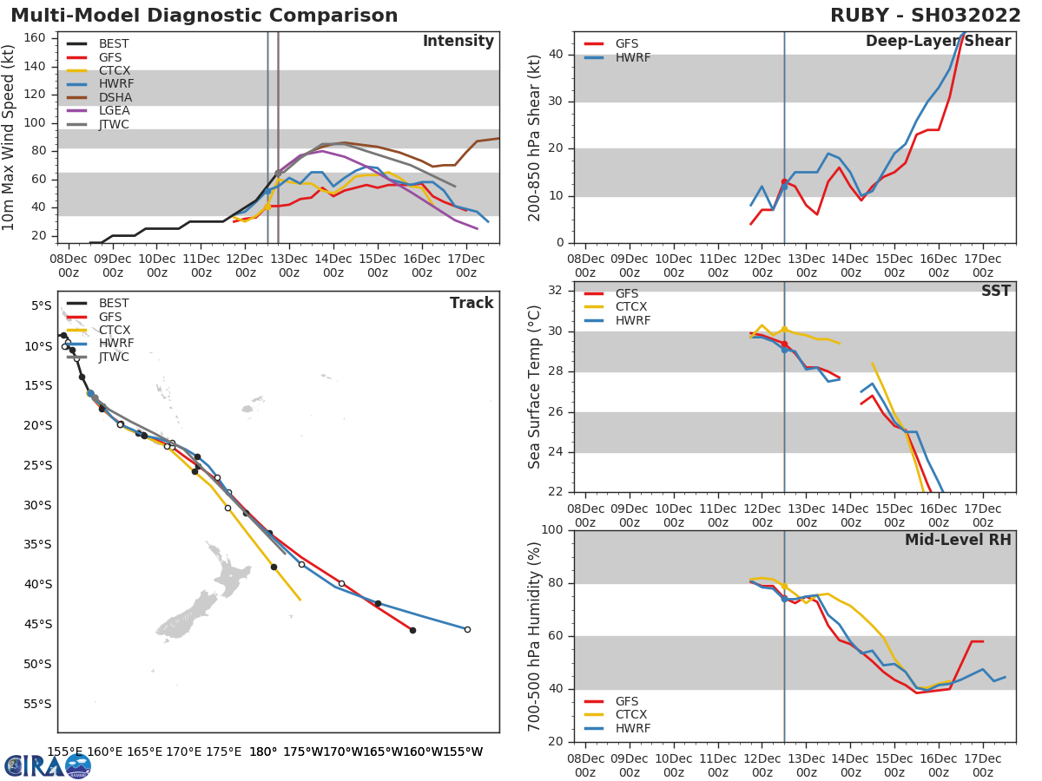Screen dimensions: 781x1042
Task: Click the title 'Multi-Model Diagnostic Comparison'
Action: pyautogui.click(x=204, y=16)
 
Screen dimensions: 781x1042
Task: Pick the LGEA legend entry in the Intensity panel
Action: pyautogui.click(x=114, y=111)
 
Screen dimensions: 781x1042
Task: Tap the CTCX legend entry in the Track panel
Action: pyautogui.click(x=114, y=331)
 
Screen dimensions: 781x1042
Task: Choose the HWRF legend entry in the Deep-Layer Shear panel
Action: pyautogui.click(x=632, y=58)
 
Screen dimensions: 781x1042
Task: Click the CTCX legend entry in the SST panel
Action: pyautogui.click(x=631, y=307)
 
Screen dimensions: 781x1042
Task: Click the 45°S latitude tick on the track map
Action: pyautogui.click(x=39, y=624)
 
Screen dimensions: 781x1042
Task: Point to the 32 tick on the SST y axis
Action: pyautogui.click(x=555, y=291)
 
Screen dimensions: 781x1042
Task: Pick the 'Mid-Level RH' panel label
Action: pyautogui.click(x=958, y=541)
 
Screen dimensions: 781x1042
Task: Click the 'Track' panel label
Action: pyautogui.click(x=472, y=304)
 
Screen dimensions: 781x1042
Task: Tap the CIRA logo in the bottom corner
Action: pyautogui.click(x=48, y=766)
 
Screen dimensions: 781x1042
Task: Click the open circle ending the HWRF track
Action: pyautogui.click(x=467, y=629)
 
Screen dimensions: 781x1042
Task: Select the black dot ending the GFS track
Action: pyautogui.click(x=412, y=630)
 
